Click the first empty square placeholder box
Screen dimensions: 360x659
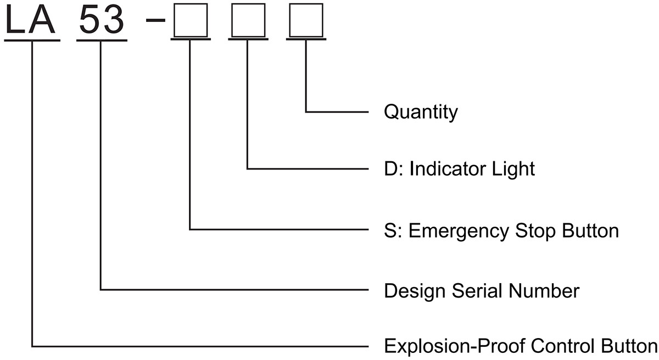190,22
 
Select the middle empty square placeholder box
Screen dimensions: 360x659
248,22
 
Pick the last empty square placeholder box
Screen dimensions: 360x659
305,22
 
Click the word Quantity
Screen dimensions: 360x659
420,113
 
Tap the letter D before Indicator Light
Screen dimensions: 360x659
389,168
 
